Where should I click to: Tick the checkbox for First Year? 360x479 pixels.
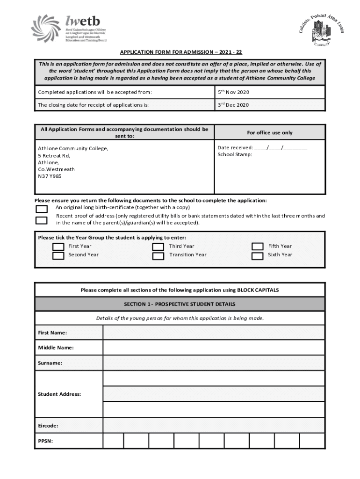58,247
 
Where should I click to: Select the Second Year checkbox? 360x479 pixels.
58,255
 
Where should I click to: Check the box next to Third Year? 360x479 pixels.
158,247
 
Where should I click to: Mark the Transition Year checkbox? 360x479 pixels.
158,255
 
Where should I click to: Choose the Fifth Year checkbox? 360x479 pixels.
257,247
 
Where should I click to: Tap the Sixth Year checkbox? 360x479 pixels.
257,255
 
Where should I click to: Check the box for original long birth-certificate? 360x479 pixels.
42,208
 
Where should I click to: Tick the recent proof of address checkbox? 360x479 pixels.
42,220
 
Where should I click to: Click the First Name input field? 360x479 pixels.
213,333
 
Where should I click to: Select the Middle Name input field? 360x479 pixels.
213,348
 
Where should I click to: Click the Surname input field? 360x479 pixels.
213,363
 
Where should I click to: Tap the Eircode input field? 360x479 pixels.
213,426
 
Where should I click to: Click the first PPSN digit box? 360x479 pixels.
113,441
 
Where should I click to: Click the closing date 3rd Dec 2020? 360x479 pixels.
233,105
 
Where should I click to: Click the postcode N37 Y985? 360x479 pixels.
50,176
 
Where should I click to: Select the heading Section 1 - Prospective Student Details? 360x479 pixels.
180,304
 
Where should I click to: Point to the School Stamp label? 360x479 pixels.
235,154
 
